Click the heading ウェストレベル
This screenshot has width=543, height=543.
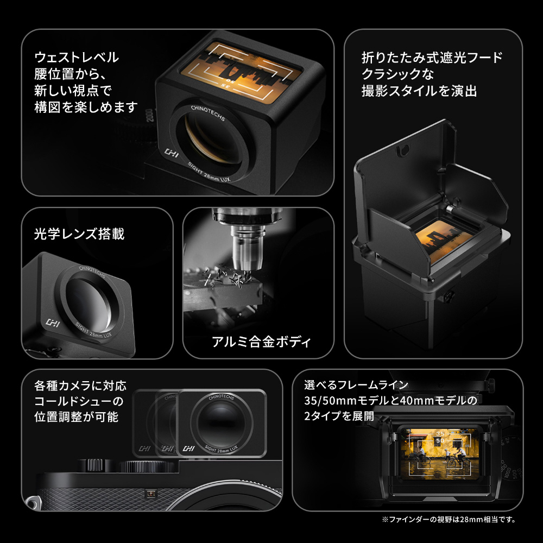(x=77, y=57)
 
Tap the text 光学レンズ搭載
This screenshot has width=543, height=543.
(x=79, y=233)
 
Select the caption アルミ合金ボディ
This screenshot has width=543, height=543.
(x=262, y=342)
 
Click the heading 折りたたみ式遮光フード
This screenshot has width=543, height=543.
(x=432, y=58)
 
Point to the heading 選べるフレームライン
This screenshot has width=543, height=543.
(x=356, y=385)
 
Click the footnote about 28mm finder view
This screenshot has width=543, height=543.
(x=449, y=520)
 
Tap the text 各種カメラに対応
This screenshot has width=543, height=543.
(x=80, y=386)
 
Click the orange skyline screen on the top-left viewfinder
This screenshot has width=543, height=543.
(x=242, y=72)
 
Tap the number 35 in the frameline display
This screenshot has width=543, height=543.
(x=440, y=433)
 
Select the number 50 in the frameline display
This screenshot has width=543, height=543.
(x=440, y=440)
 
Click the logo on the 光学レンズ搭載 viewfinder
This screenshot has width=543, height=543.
(x=53, y=323)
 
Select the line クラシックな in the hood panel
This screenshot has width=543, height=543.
(x=397, y=74)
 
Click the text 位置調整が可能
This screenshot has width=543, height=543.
(x=76, y=416)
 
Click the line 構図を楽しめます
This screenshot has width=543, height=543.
(x=86, y=108)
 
